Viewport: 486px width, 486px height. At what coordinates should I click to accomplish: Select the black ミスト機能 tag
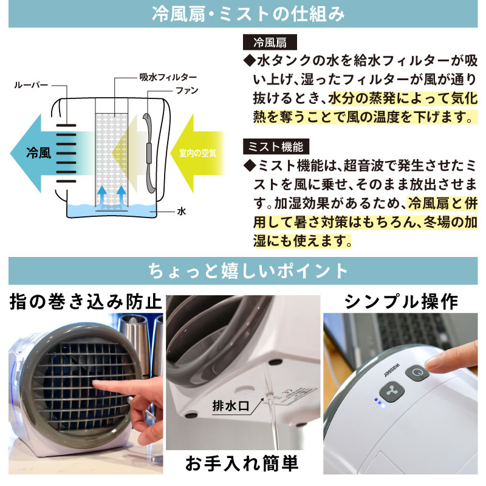(x=276, y=147)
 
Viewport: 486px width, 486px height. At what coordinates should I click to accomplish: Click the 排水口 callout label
(x=229, y=405)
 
